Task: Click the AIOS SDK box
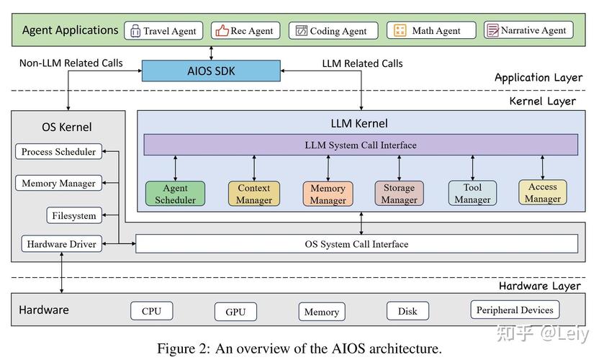pyautogui.click(x=211, y=71)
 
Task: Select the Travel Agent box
pyautogui.click(x=163, y=31)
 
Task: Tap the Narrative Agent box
pyautogui.click(x=529, y=30)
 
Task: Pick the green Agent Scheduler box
pyautogui.click(x=175, y=194)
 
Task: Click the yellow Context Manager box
pyautogui.click(x=253, y=194)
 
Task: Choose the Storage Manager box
pyautogui.click(x=399, y=194)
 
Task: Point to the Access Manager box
pyautogui.click(x=543, y=192)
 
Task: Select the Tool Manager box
pyautogui.click(x=472, y=194)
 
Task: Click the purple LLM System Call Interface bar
pyautogui.click(x=361, y=145)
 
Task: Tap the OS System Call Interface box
pyautogui.click(x=356, y=244)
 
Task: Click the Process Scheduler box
pyautogui.click(x=58, y=152)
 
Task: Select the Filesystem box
pyautogui.click(x=73, y=215)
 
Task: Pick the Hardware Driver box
pyautogui.click(x=61, y=244)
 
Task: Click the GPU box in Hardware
pyautogui.click(x=235, y=312)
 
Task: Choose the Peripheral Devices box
pyautogui.click(x=515, y=310)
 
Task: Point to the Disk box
pyautogui.click(x=407, y=312)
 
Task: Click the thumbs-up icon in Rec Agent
pyautogui.click(x=222, y=31)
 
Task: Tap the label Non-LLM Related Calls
pyautogui.click(x=71, y=63)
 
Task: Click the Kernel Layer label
pyautogui.click(x=542, y=102)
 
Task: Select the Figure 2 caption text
pyautogui.click(x=299, y=348)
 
